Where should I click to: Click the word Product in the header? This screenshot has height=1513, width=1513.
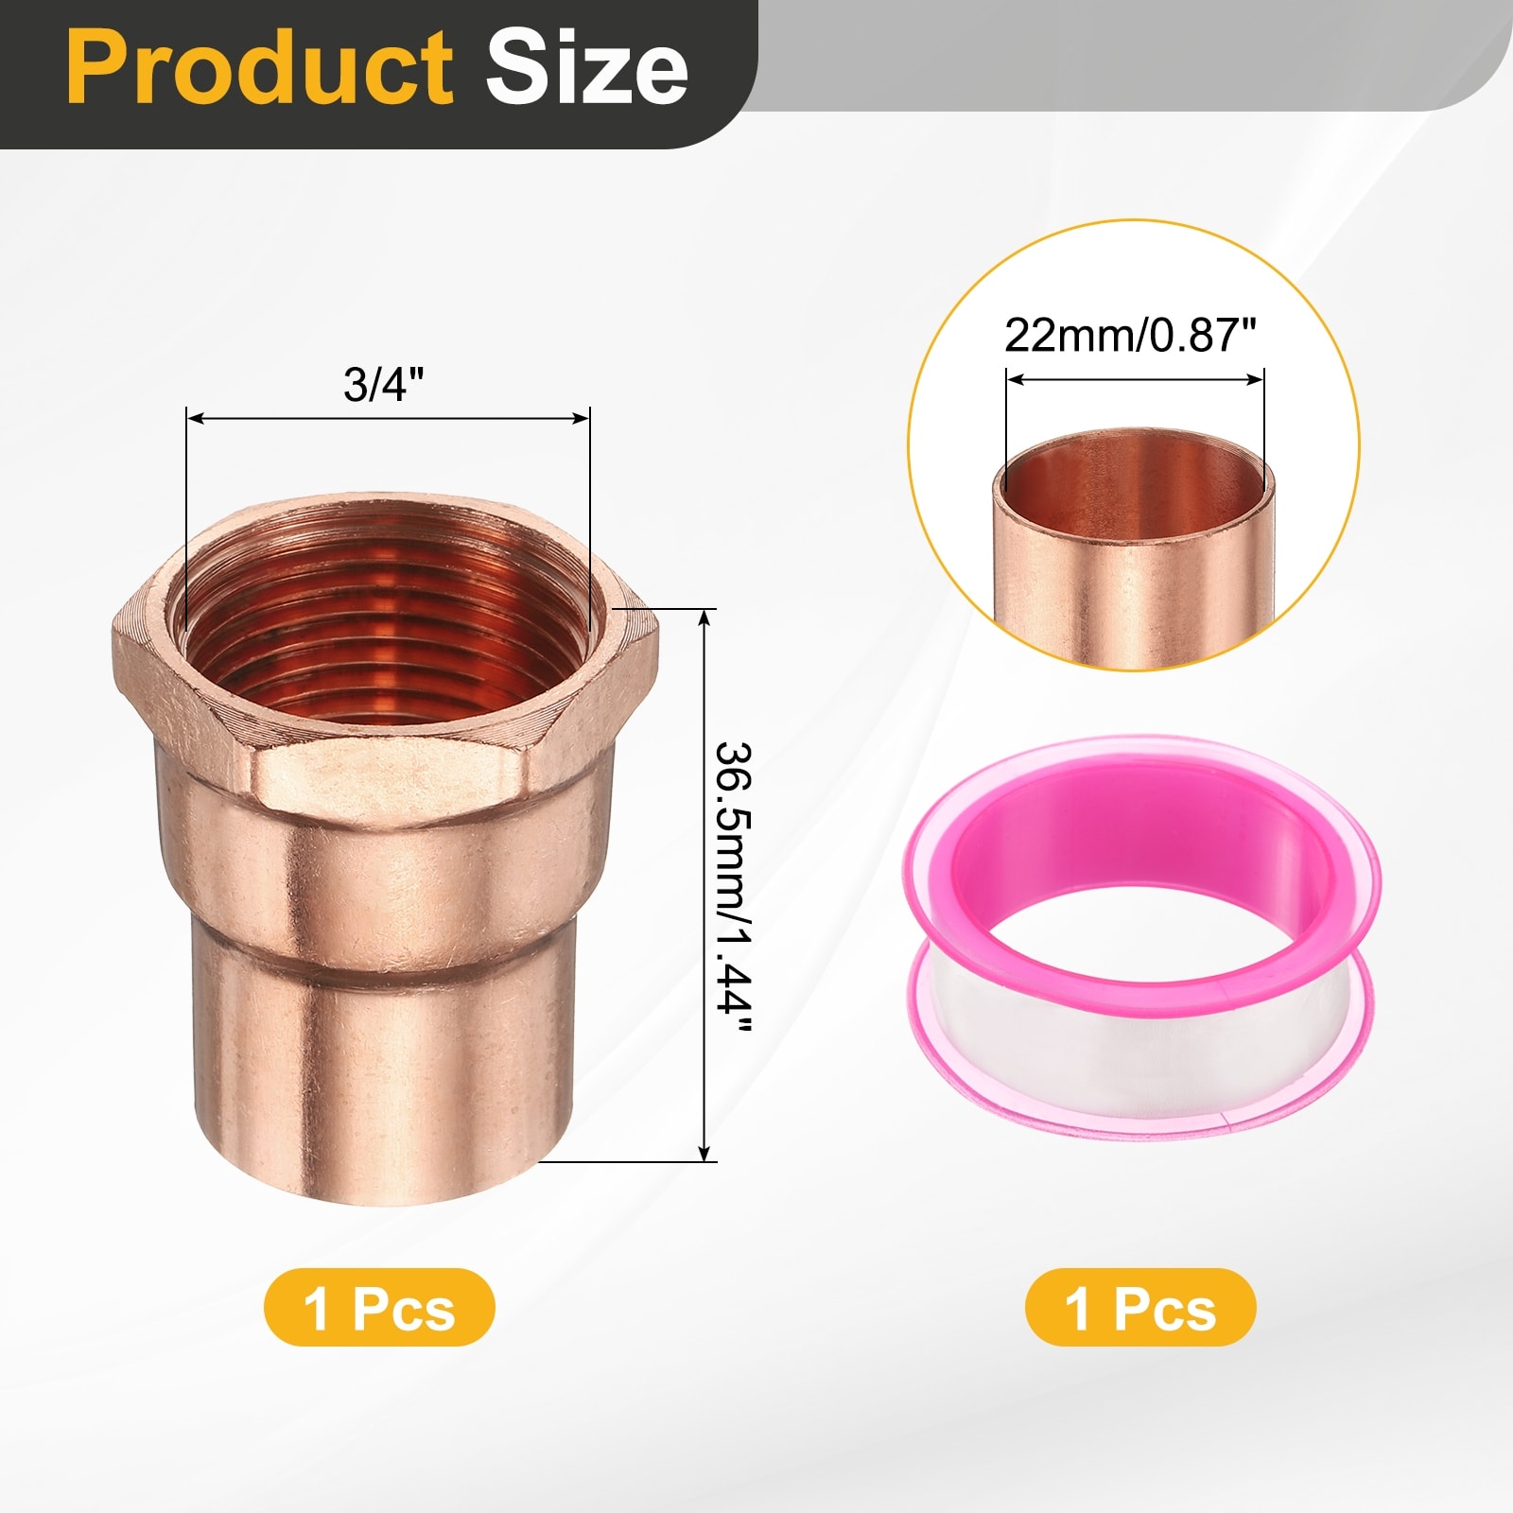260,67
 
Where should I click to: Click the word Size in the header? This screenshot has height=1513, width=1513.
587,67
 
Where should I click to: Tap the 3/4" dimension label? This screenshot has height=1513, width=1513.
384,385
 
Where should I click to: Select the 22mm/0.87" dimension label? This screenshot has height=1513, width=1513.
1130,335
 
